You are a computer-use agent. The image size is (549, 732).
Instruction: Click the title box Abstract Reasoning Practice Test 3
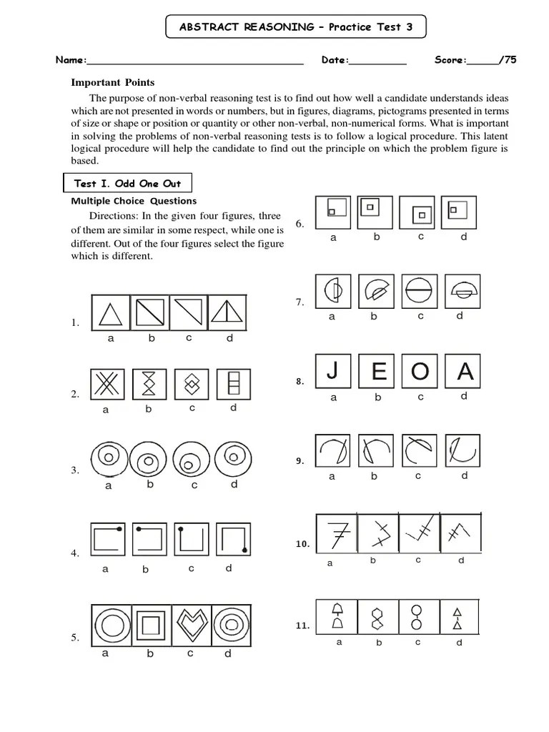(295, 28)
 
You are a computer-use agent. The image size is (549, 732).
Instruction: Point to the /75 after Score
(508, 60)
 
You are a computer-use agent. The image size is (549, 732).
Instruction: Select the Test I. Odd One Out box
(128, 183)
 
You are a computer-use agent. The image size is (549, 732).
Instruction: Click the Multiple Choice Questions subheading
(134, 201)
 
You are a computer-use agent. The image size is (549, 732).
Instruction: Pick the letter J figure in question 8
(332, 372)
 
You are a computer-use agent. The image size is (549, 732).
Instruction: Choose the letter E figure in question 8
(377, 372)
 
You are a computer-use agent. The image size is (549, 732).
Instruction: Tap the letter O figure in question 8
(420, 372)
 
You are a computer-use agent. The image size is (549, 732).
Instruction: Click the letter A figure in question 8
(465, 372)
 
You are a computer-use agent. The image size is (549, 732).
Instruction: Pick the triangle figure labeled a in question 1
(109, 313)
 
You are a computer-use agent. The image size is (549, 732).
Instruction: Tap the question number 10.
(302, 544)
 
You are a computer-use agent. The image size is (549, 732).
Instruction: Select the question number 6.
(300, 224)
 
